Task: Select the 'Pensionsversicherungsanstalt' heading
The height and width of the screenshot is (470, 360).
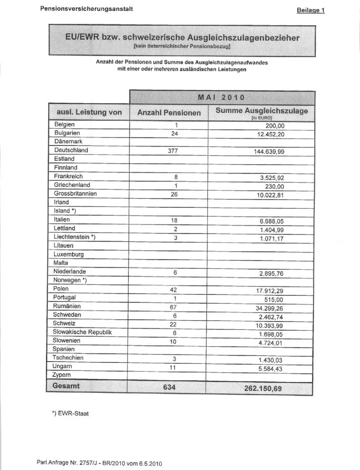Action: [86, 9]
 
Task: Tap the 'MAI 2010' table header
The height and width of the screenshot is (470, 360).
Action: [221, 97]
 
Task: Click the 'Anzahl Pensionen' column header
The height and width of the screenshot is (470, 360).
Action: [169, 113]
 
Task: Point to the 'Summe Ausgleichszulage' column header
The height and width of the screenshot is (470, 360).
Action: [262, 111]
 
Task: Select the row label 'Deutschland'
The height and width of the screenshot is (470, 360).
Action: [71, 150]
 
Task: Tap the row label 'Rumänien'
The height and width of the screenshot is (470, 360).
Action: [68, 306]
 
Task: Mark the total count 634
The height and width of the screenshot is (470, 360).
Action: [169, 387]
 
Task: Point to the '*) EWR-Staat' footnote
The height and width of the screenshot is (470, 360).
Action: [70, 413]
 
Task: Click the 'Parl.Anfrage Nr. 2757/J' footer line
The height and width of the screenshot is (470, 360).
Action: [102, 461]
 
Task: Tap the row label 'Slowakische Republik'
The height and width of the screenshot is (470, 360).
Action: [83, 332]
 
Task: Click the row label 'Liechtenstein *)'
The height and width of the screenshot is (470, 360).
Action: [75, 237]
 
